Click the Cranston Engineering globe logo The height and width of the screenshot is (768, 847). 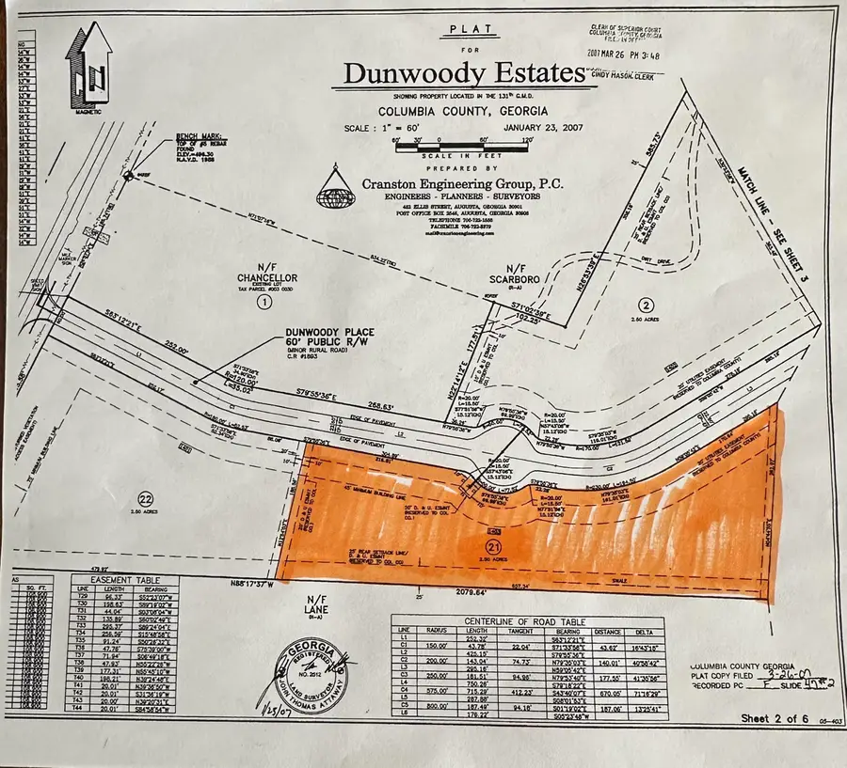click(332, 187)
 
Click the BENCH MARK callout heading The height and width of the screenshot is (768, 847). click(194, 139)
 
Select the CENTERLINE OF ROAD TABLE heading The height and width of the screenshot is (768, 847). click(524, 621)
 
